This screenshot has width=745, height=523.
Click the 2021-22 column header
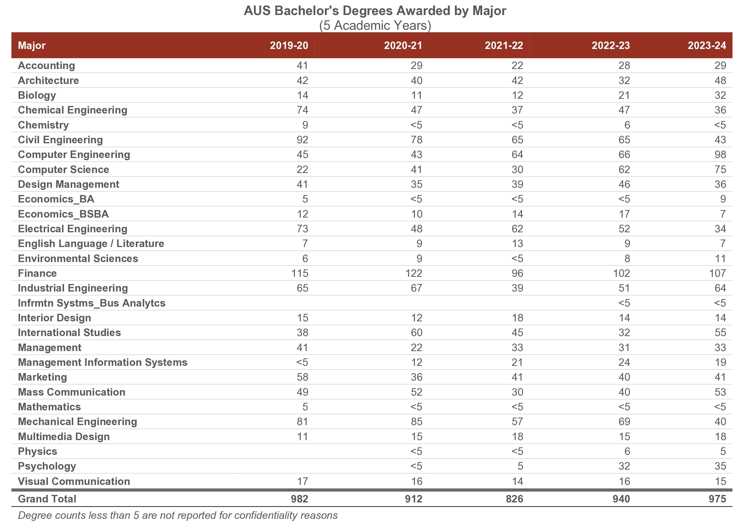tap(504, 45)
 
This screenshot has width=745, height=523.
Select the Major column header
tap(32, 45)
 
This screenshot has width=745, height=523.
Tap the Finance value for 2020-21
tap(414, 273)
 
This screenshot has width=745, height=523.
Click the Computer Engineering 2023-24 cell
tap(720, 154)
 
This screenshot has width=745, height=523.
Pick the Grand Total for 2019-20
tap(300, 499)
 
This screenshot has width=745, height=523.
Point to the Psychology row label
tap(47, 466)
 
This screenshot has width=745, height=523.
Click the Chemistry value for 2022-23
tap(627, 125)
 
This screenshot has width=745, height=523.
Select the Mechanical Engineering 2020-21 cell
tap(417, 421)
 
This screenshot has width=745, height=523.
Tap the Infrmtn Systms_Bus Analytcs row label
tap(92, 303)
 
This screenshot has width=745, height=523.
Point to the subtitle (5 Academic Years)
tap(375, 25)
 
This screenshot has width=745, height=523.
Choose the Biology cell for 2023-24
tap(720, 95)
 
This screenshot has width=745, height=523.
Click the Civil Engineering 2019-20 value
tap(302, 140)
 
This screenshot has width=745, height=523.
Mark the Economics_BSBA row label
tap(63, 214)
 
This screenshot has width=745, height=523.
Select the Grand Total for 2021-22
tap(514, 499)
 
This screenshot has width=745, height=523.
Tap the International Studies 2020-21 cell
tap(417, 332)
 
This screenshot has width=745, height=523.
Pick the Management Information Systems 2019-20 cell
tap(302, 362)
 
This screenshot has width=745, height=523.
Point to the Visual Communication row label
tap(74, 481)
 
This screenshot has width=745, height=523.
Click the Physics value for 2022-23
tap(627, 451)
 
